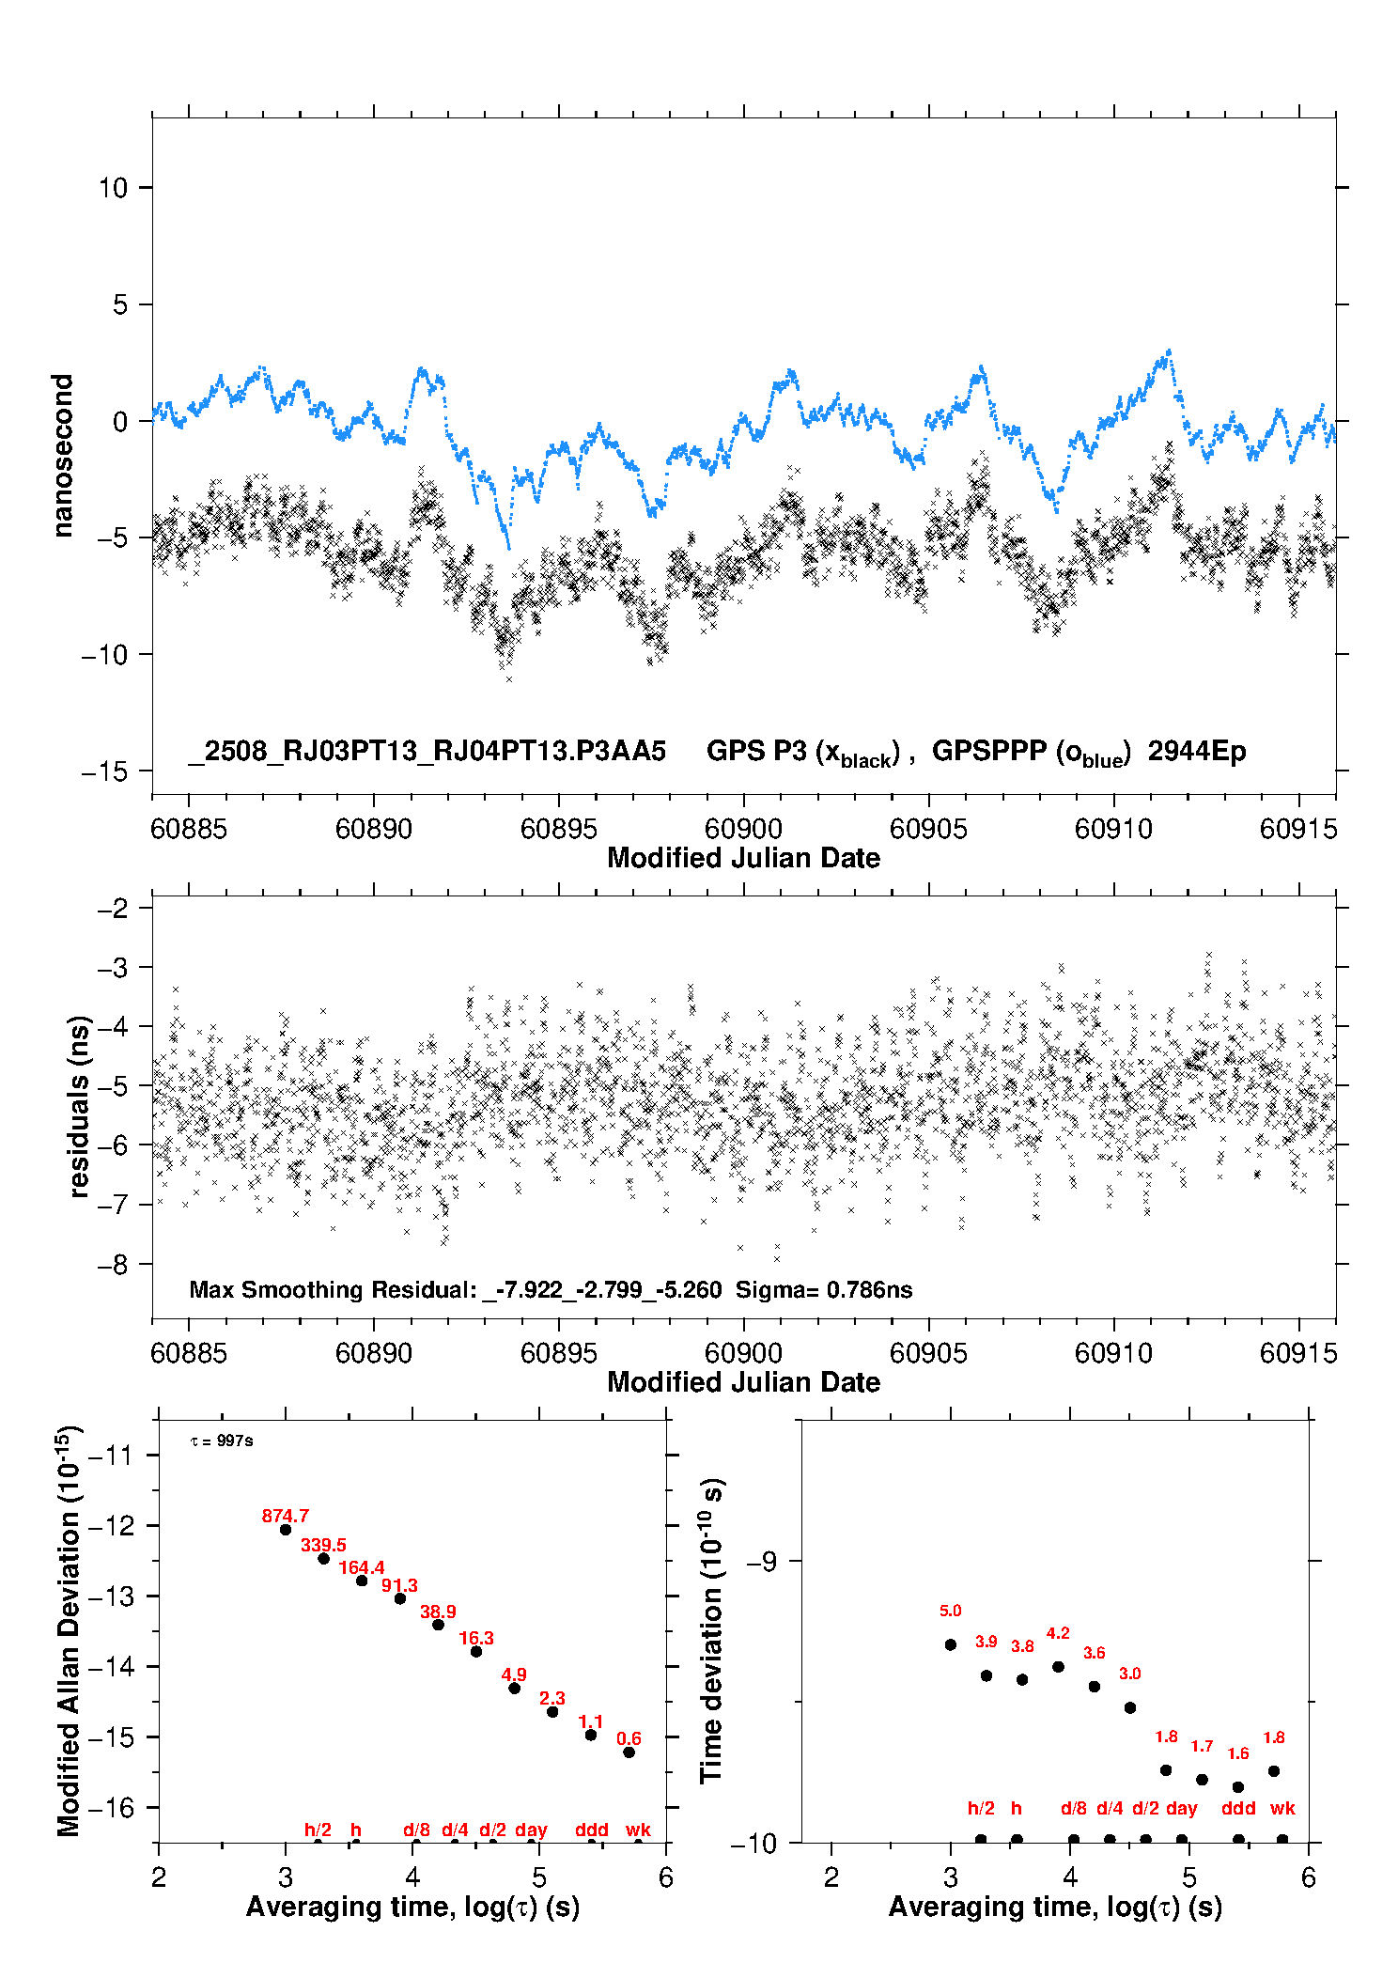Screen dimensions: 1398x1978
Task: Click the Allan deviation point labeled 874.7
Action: click(286, 1530)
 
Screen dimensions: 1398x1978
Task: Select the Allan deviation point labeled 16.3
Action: click(476, 1651)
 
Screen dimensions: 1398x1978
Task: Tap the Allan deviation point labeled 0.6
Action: click(629, 1752)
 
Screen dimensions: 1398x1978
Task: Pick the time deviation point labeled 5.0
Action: click(951, 1644)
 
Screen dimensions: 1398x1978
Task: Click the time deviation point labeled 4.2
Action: click(1058, 1667)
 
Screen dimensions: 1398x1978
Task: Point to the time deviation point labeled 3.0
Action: click(1130, 1707)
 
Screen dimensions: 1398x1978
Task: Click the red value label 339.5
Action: click(323, 1545)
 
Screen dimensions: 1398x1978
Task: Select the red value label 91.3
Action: click(399, 1585)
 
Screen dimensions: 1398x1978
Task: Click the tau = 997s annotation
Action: click(222, 1441)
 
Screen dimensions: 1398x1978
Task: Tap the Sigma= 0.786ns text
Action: click(824, 1289)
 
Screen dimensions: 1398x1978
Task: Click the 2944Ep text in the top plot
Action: click(1197, 751)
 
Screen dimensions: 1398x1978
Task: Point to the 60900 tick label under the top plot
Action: click(743, 828)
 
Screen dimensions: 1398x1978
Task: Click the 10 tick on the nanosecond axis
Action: click(114, 188)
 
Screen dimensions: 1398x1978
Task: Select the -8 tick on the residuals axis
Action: click(113, 1264)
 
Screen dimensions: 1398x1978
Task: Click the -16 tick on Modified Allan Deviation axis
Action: click(111, 1807)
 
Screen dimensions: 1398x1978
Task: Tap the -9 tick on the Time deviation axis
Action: click(761, 1562)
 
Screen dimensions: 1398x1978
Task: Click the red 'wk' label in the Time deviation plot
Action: click(1282, 1808)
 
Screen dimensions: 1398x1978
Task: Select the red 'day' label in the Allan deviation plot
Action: click(531, 1830)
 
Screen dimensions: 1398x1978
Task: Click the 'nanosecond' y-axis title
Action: click(62, 456)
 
